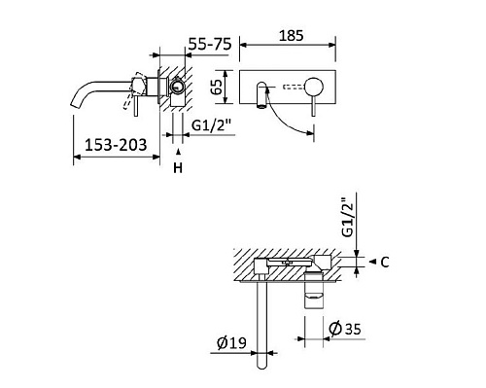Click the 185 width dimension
[x=291, y=36]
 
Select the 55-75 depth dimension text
[x=210, y=44]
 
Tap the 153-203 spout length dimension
[x=116, y=145]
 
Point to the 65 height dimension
[x=218, y=87]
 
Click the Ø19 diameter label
[x=231, y=343]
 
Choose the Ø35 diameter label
[x=345, y=329]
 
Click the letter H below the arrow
[x=178, y=168]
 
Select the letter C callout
[x=385, y=263]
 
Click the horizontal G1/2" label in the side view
[x=213, y=125]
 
